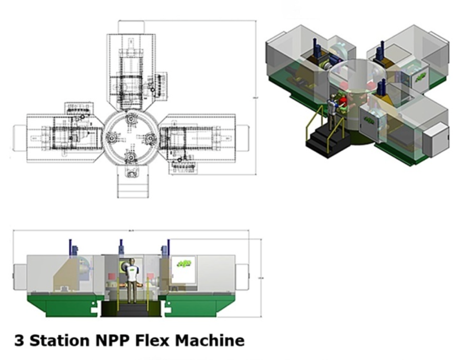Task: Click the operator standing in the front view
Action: [x=132, y=280]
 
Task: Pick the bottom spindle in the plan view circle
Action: [x=129, y=155]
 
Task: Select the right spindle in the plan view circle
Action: [x=151, y=137]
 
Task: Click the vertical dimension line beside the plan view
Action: [x=254, y=97]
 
